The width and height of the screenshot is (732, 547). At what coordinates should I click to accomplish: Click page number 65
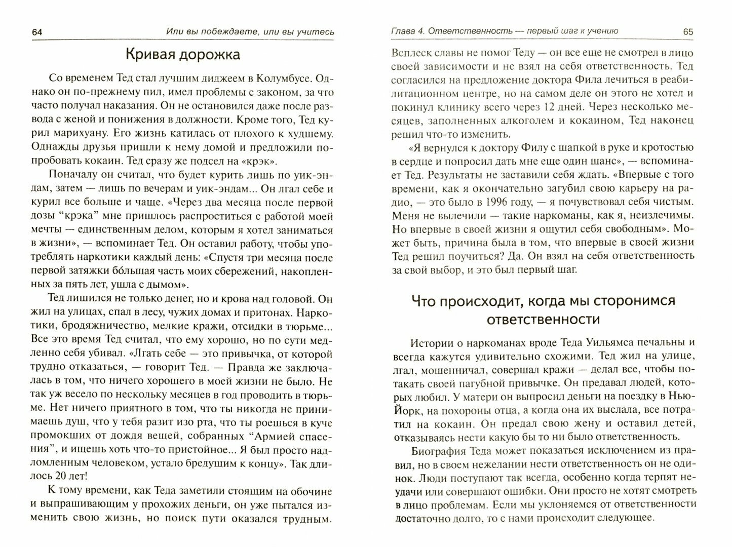tap(687, 31)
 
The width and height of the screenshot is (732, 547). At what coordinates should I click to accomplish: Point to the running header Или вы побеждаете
tap(250, 32)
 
